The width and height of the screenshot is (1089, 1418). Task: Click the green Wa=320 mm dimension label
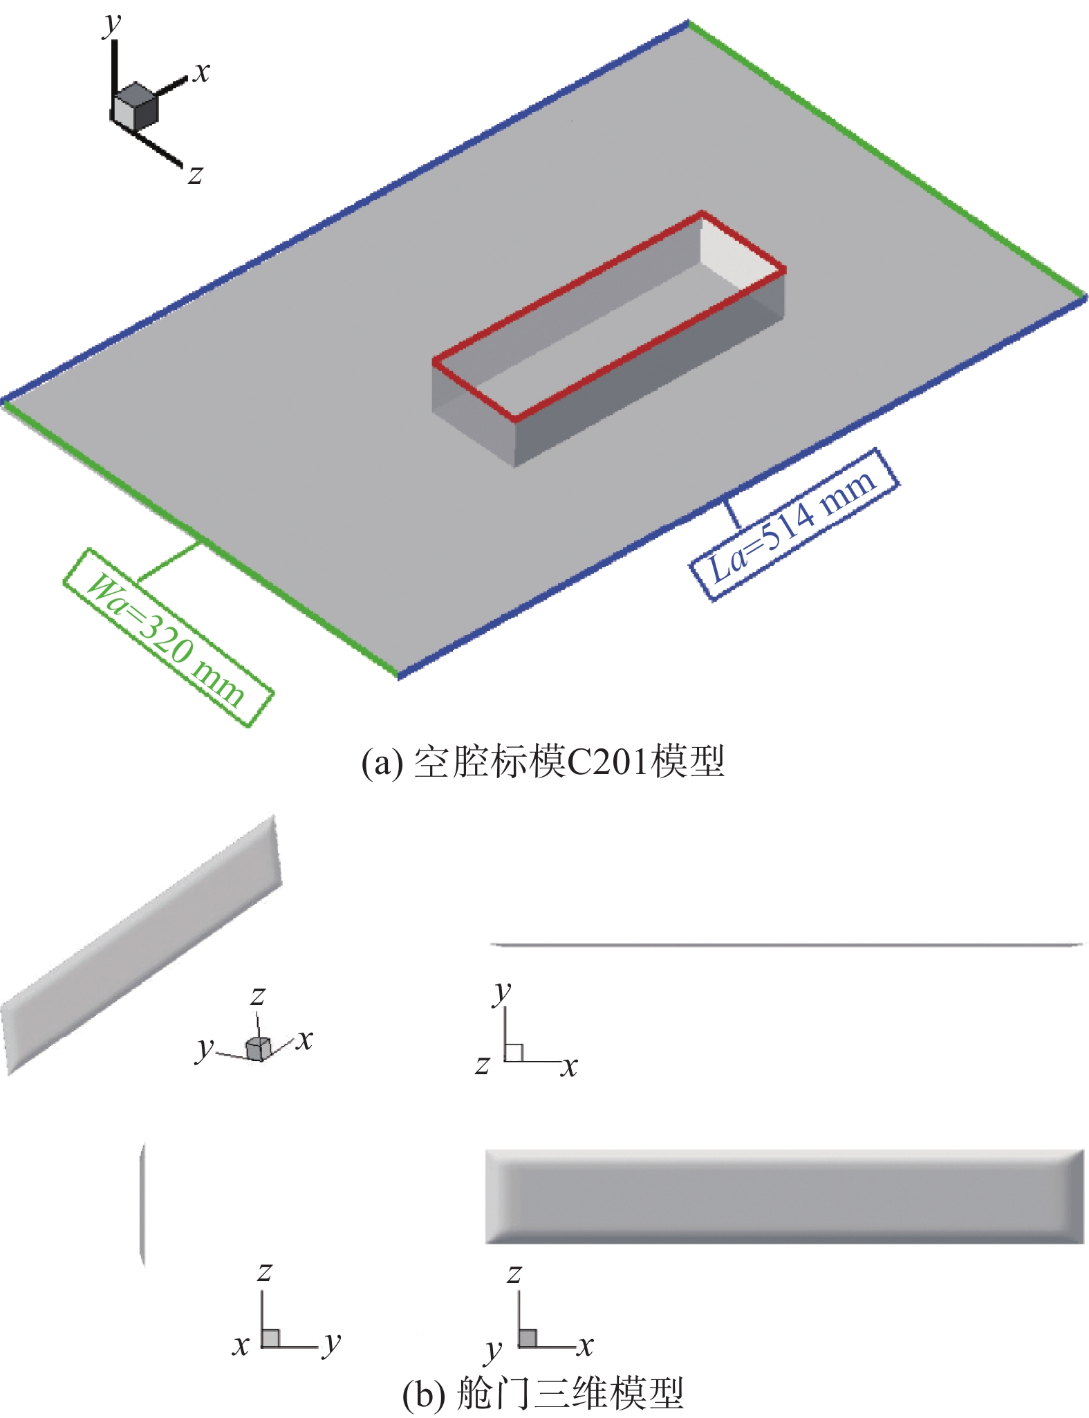167,637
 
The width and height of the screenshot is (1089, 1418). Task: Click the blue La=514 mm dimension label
794,524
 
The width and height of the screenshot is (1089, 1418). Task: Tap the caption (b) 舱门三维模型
543,1392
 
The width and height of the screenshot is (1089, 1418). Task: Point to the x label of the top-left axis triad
201,71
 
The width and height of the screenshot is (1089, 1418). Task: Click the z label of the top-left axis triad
196,174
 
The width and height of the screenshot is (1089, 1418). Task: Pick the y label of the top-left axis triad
111,25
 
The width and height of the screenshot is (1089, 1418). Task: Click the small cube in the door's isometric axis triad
257,1049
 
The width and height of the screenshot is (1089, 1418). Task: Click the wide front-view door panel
784,1196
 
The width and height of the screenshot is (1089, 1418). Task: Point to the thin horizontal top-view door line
784,944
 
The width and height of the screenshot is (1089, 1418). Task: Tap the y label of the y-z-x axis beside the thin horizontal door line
503,992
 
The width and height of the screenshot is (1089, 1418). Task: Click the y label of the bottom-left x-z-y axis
333,1343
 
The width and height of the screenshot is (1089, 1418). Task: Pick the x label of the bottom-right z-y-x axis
586,1345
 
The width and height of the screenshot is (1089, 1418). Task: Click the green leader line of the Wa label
169,561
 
